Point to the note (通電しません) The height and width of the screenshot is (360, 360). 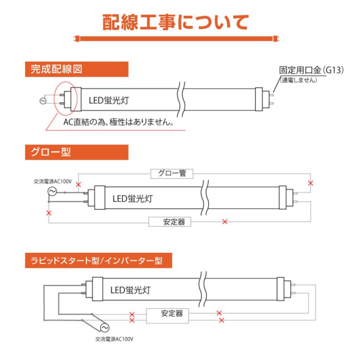coord(298,80)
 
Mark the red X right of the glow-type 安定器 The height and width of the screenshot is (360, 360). coord(224,222)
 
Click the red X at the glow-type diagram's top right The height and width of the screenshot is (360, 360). coord(310,183)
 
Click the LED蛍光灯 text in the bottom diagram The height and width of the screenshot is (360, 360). coord(131,289)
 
